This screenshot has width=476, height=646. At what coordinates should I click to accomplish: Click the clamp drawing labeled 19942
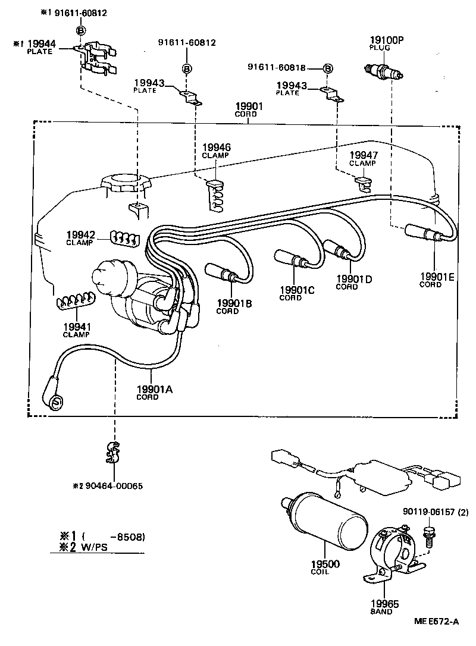[x=123, y=239]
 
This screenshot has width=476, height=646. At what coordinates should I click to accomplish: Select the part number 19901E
[x=437, y=276]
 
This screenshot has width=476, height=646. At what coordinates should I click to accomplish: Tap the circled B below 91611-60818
[x=328, y=68]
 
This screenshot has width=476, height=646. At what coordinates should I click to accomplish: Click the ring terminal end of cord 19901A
[x=55, y=402]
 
